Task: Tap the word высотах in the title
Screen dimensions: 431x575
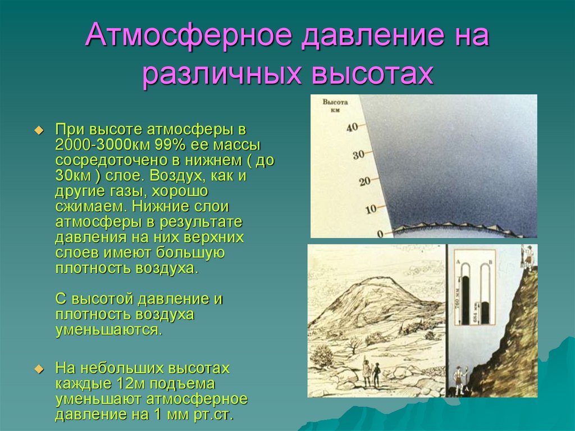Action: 371,74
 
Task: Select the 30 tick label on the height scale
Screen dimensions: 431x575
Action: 358,154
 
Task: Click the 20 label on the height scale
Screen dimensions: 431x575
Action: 365,182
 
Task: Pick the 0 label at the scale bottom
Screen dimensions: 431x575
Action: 380,233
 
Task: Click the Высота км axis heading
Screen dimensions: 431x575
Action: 336,106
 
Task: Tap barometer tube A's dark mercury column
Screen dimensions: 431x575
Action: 465,300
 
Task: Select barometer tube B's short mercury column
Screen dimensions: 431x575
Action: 485,313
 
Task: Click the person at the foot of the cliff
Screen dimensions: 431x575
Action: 458,379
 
